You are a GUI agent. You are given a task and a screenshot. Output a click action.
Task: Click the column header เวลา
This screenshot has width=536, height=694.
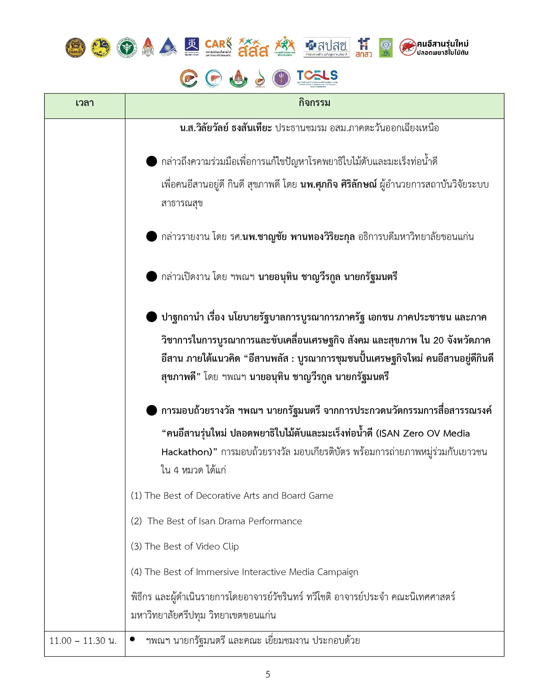point(84,103)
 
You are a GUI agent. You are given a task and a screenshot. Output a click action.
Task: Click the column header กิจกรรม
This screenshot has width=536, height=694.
point(314,103)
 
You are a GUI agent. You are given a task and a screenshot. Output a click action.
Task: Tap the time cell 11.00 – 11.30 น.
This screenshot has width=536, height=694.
point(83,641)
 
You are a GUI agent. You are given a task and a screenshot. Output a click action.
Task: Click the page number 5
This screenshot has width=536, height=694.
point(268,674)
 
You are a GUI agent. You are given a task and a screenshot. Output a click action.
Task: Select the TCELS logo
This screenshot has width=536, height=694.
point(317,78)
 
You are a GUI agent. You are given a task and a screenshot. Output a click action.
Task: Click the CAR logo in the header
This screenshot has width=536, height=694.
point(218,47)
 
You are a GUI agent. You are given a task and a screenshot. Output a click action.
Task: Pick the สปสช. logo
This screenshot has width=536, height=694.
point(326,47)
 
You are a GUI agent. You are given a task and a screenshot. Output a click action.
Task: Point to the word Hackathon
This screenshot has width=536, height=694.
point(187,452)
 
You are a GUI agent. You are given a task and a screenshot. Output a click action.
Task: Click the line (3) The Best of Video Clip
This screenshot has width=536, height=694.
point(185,546)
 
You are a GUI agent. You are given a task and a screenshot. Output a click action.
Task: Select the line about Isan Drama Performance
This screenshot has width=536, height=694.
point(217,521)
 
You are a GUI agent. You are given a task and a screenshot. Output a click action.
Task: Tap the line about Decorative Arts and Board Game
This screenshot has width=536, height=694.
point(232,496)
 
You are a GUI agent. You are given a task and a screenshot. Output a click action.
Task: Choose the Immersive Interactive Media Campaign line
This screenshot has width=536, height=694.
point(244,572)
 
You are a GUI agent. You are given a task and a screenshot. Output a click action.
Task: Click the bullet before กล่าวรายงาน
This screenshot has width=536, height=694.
point(151,236)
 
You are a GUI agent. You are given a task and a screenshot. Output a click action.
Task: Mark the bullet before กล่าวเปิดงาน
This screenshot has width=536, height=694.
point(151,276)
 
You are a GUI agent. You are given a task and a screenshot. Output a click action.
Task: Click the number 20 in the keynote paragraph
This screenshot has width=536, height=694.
point(438,340)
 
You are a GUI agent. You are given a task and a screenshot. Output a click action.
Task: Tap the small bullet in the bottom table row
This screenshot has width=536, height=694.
point(132,639)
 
